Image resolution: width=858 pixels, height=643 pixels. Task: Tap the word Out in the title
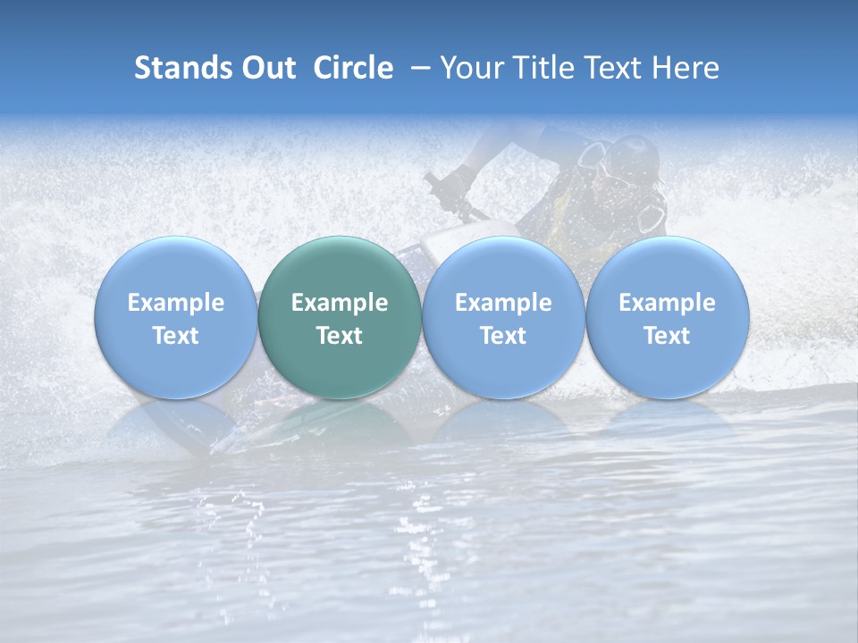click(266, 68)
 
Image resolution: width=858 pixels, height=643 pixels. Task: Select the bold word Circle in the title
click(353, 68)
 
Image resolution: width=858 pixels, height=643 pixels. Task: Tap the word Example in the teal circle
click(340, 303)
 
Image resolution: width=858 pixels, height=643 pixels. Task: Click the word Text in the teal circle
click(340, 336)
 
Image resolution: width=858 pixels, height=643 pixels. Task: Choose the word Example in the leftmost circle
click(176, 303)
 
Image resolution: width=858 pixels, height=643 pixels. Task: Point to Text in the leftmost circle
click(176, 336)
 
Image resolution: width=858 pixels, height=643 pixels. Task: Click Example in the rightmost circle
click(668, 303)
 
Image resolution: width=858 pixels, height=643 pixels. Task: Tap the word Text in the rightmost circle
click(668, 336)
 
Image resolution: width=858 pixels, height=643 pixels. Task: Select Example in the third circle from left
click(503, 303)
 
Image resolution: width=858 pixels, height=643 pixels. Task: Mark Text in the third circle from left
click(503, 336)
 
